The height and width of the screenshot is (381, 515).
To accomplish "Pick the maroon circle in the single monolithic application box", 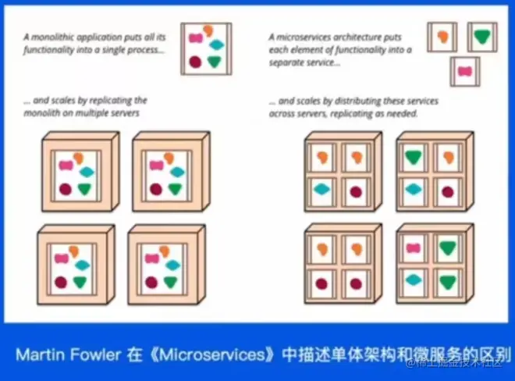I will pos(194,60).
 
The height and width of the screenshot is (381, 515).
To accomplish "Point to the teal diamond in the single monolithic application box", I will pos(216,45).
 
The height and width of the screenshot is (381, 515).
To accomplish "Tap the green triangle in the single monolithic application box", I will pos(215,61).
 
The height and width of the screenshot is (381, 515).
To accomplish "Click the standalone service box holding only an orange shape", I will pos(442,37).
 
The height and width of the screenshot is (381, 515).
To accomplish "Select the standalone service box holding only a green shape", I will pos(481,36).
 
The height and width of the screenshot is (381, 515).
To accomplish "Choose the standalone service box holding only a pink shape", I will pos(465,72).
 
